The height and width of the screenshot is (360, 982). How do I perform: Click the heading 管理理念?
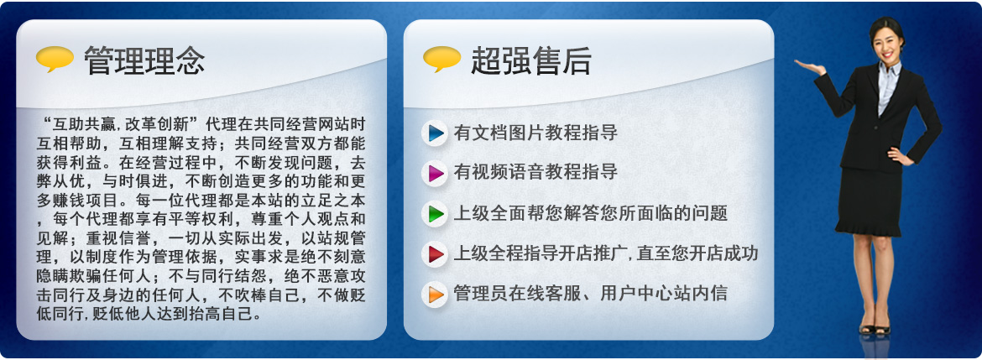point(144,60)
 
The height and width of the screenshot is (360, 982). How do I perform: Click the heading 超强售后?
point(531,60)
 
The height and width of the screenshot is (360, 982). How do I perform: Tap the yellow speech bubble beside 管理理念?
point(55,59)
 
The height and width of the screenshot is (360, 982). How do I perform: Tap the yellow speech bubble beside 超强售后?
point(442,59)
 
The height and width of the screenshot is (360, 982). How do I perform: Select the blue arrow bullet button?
point(435,133)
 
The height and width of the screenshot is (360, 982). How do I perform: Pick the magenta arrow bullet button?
point(435,173)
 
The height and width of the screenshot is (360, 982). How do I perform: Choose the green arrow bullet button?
point(435,213)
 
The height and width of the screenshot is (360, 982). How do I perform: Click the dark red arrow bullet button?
point(435,254)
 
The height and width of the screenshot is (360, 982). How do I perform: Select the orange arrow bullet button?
point(435,295)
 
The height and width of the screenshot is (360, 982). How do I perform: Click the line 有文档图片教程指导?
point(535,133)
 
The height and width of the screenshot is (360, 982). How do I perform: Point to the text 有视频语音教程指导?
point(535,172)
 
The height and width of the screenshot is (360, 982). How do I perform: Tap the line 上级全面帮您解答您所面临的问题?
point(591,213)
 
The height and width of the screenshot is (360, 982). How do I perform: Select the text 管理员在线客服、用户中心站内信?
point(591,293)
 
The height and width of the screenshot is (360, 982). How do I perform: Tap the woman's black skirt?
point(870,201)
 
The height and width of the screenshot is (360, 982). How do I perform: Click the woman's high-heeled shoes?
point(875,327)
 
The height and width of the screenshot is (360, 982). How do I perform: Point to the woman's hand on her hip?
point(900,156)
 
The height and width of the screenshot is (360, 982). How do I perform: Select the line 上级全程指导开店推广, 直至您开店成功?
point(606,253)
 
